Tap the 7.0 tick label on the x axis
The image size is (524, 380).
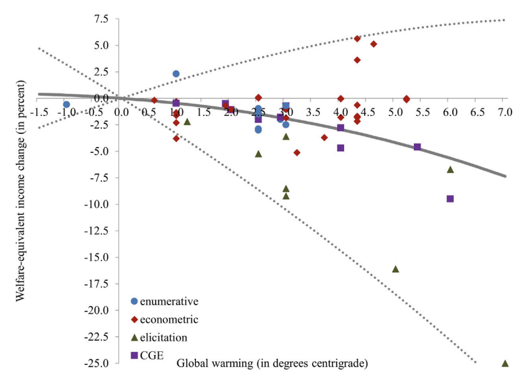[x=504, y=112]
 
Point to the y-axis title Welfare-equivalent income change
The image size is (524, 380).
[x=20, y=190]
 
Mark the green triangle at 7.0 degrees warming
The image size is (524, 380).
[x=505, y=363]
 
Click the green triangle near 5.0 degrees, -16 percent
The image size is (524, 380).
[x=395, y=269]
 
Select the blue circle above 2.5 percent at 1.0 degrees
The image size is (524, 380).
[x=176, y=74]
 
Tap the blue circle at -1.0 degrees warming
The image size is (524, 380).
[x=67, y=105]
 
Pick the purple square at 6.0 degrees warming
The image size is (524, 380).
[x=450, y=199]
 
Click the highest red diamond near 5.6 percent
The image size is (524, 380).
[x=357, y=39]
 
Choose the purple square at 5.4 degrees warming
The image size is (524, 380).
[x=417, y=147]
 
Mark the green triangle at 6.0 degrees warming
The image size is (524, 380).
[x=450, y=169]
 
